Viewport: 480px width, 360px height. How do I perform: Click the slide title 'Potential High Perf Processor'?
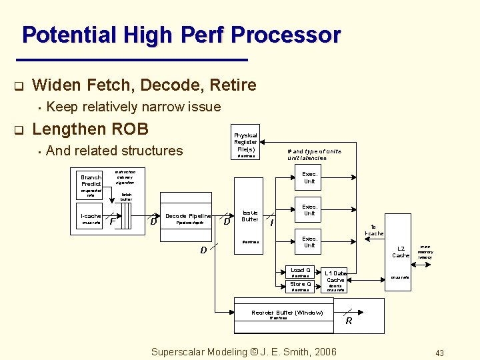[181, 35]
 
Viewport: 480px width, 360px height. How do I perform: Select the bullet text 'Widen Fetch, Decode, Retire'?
[144, 85]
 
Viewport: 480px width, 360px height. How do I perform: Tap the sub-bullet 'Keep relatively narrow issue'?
[134, 107]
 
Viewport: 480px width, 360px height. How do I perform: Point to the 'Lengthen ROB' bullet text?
[90, 129]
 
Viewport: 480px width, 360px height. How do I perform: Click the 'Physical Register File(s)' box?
[245, 143]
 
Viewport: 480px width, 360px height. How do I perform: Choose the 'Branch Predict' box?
[91, 180]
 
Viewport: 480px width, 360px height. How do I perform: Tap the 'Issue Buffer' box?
[250, 216]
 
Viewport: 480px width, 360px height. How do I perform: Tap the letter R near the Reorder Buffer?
[348, 321]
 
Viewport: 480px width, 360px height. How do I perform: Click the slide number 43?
[439, 353]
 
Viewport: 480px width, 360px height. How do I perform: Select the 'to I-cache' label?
[374, 230]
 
